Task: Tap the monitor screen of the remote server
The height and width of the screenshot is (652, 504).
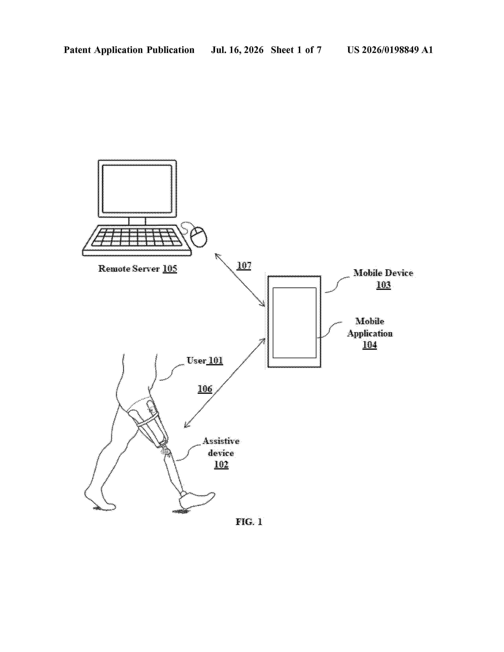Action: click(x=137, y=189)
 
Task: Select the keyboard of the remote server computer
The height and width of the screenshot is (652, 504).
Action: click(x=137, y=240)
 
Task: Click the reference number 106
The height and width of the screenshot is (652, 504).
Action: click(x=205, y=389)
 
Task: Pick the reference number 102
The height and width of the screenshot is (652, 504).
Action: click(x=221, y=465)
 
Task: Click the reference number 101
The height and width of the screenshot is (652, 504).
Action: click(x=216, y=361)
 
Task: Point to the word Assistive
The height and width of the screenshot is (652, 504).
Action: click(x=221, y=441)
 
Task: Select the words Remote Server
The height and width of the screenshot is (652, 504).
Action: click(x=129, y=269)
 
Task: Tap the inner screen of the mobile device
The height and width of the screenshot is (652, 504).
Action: click(x=294, y=323)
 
